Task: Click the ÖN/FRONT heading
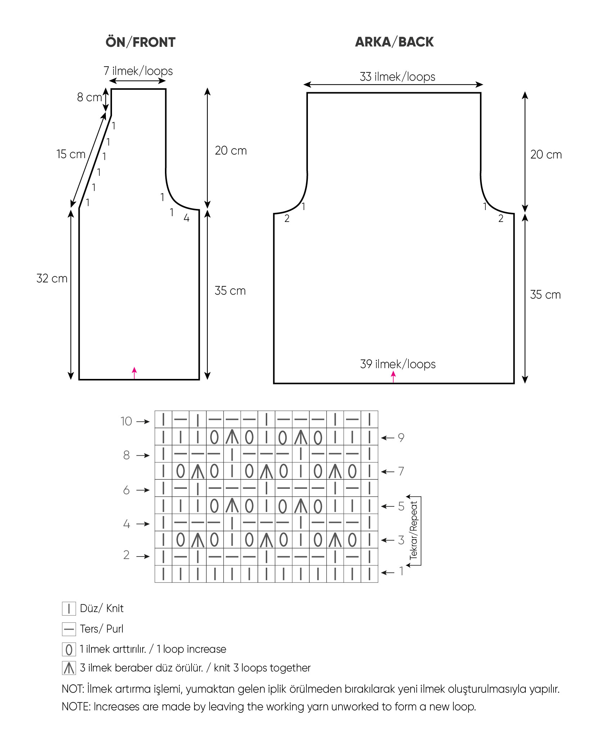pos(140,42)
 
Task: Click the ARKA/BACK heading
pos(394,42)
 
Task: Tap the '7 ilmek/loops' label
pos(138,71)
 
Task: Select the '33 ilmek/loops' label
pos(398,77)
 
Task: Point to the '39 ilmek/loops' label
pos(398,364)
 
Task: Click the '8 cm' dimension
pos(90,97)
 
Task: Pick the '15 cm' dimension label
pos(71,154)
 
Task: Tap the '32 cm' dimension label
pos(52,278)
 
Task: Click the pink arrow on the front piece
pos(134,373)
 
